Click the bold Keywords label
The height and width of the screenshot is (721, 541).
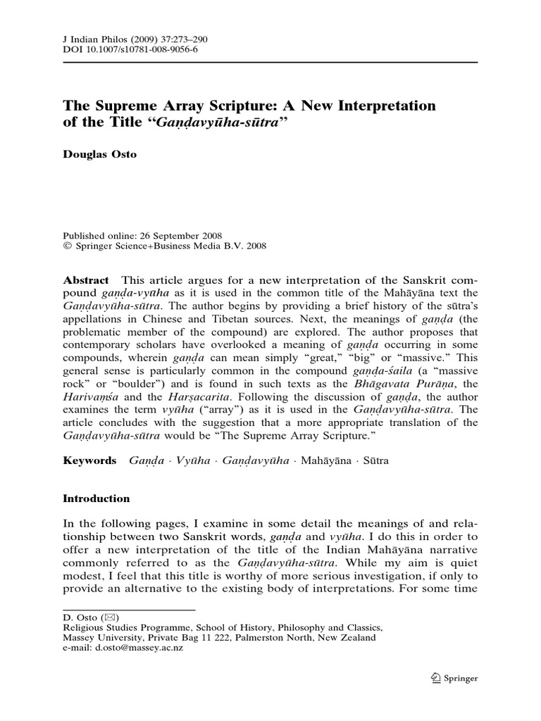90,460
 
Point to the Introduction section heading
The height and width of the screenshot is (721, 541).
97,499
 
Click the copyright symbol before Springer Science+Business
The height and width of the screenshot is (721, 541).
67,246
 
